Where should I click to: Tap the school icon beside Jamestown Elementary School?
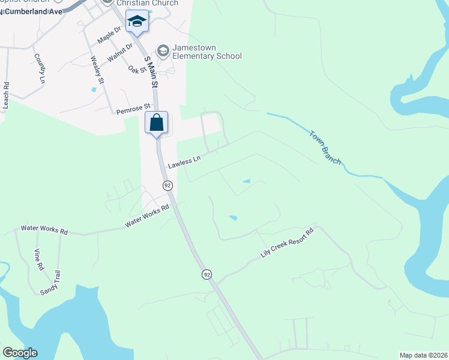[x=162, y=49]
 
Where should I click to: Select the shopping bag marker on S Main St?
[x=156, y=123]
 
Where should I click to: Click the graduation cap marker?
[x=137, y=22]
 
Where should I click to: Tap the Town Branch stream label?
[x=325, y=147]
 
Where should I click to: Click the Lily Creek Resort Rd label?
[x=288, y=244]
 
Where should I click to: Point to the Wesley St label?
[x=97, y=70]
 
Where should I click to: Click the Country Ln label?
[x=40, y=68]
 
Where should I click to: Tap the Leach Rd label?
[x=6, y=95]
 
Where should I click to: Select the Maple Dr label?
[x=109, y=37]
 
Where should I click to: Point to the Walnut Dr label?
[x=119, y=56]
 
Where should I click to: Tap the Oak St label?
[x=137, y=70]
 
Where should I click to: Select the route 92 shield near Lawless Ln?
[x=167, y=186]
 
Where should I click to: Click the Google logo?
[x=20, y=353]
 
